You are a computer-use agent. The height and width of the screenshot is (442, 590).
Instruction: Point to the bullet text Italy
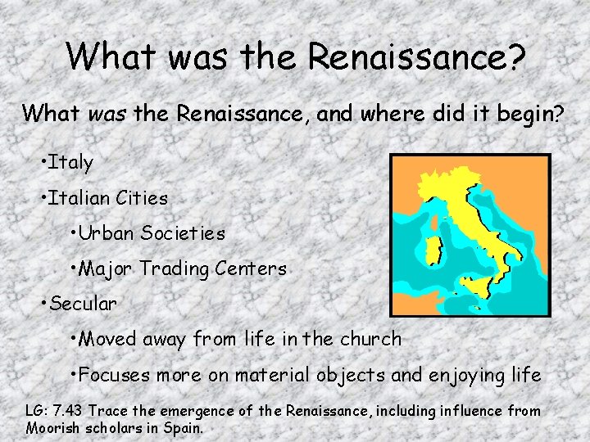pos(70,162)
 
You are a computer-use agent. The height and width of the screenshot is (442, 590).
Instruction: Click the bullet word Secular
pos(84,304)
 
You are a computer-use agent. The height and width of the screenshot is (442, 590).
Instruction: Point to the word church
pos(369,339)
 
